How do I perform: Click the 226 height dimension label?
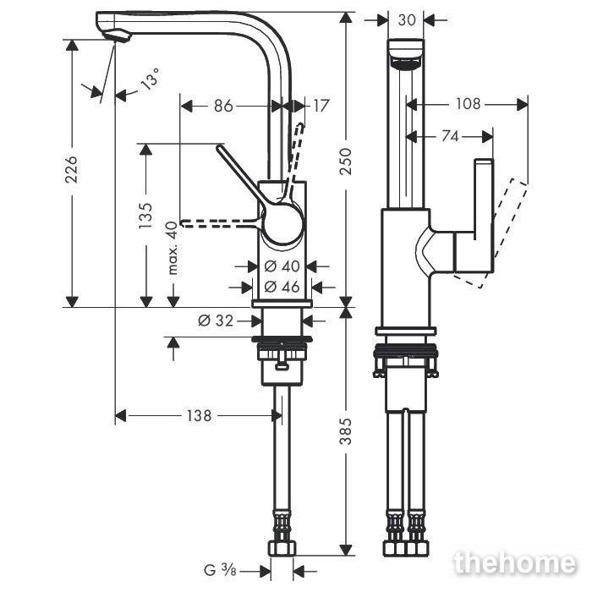coord(71,169)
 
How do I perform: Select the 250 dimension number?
coord(345,162)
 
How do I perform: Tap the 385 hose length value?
coord(345,430)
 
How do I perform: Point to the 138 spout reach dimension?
coord(199,416)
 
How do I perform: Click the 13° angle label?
coord(151,79)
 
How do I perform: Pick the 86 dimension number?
coord(223,106)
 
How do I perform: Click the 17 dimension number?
coord(321,106)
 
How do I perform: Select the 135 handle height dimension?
coord(145,216)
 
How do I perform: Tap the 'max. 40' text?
coord(172,248)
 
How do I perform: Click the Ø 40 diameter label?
coord(282,266)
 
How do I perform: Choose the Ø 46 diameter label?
coord(282,287)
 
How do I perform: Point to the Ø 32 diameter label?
coord(216,321)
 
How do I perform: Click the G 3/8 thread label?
coord(220,570)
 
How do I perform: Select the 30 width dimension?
coord(406,20)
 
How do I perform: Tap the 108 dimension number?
coord(469,104)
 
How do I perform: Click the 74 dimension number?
coord(450,136)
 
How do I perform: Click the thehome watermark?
coord(515,564)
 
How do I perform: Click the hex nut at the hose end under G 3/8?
coord(282,549)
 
